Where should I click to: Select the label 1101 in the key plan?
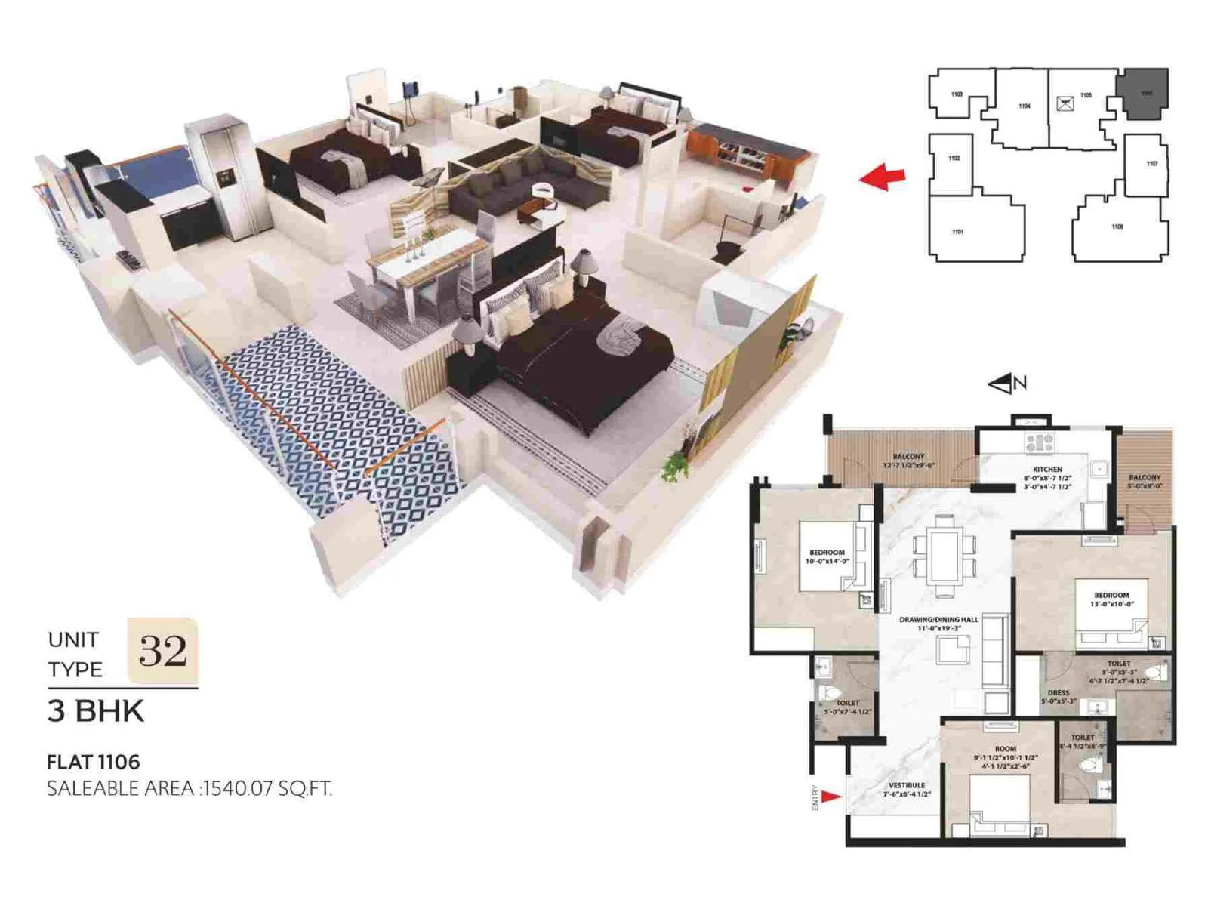pos(957,232)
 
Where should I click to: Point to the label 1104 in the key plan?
pos(1024,106)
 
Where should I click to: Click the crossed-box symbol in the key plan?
pos(1065,104)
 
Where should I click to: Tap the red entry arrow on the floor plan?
pos(830,796)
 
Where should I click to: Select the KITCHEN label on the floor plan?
pos(1047,470)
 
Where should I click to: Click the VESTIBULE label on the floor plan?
pos(907,785)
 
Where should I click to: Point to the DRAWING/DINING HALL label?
pos(938,620)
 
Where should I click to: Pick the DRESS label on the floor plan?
pos(1058,692)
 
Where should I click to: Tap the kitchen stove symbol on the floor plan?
pos(1039,442)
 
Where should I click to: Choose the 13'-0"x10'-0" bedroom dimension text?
pos(1111,604)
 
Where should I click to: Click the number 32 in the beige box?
pos(162,650)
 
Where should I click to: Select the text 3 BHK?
pos(95,711)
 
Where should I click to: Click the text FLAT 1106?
pos(93,762)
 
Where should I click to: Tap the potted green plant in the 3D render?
pos(675,466)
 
